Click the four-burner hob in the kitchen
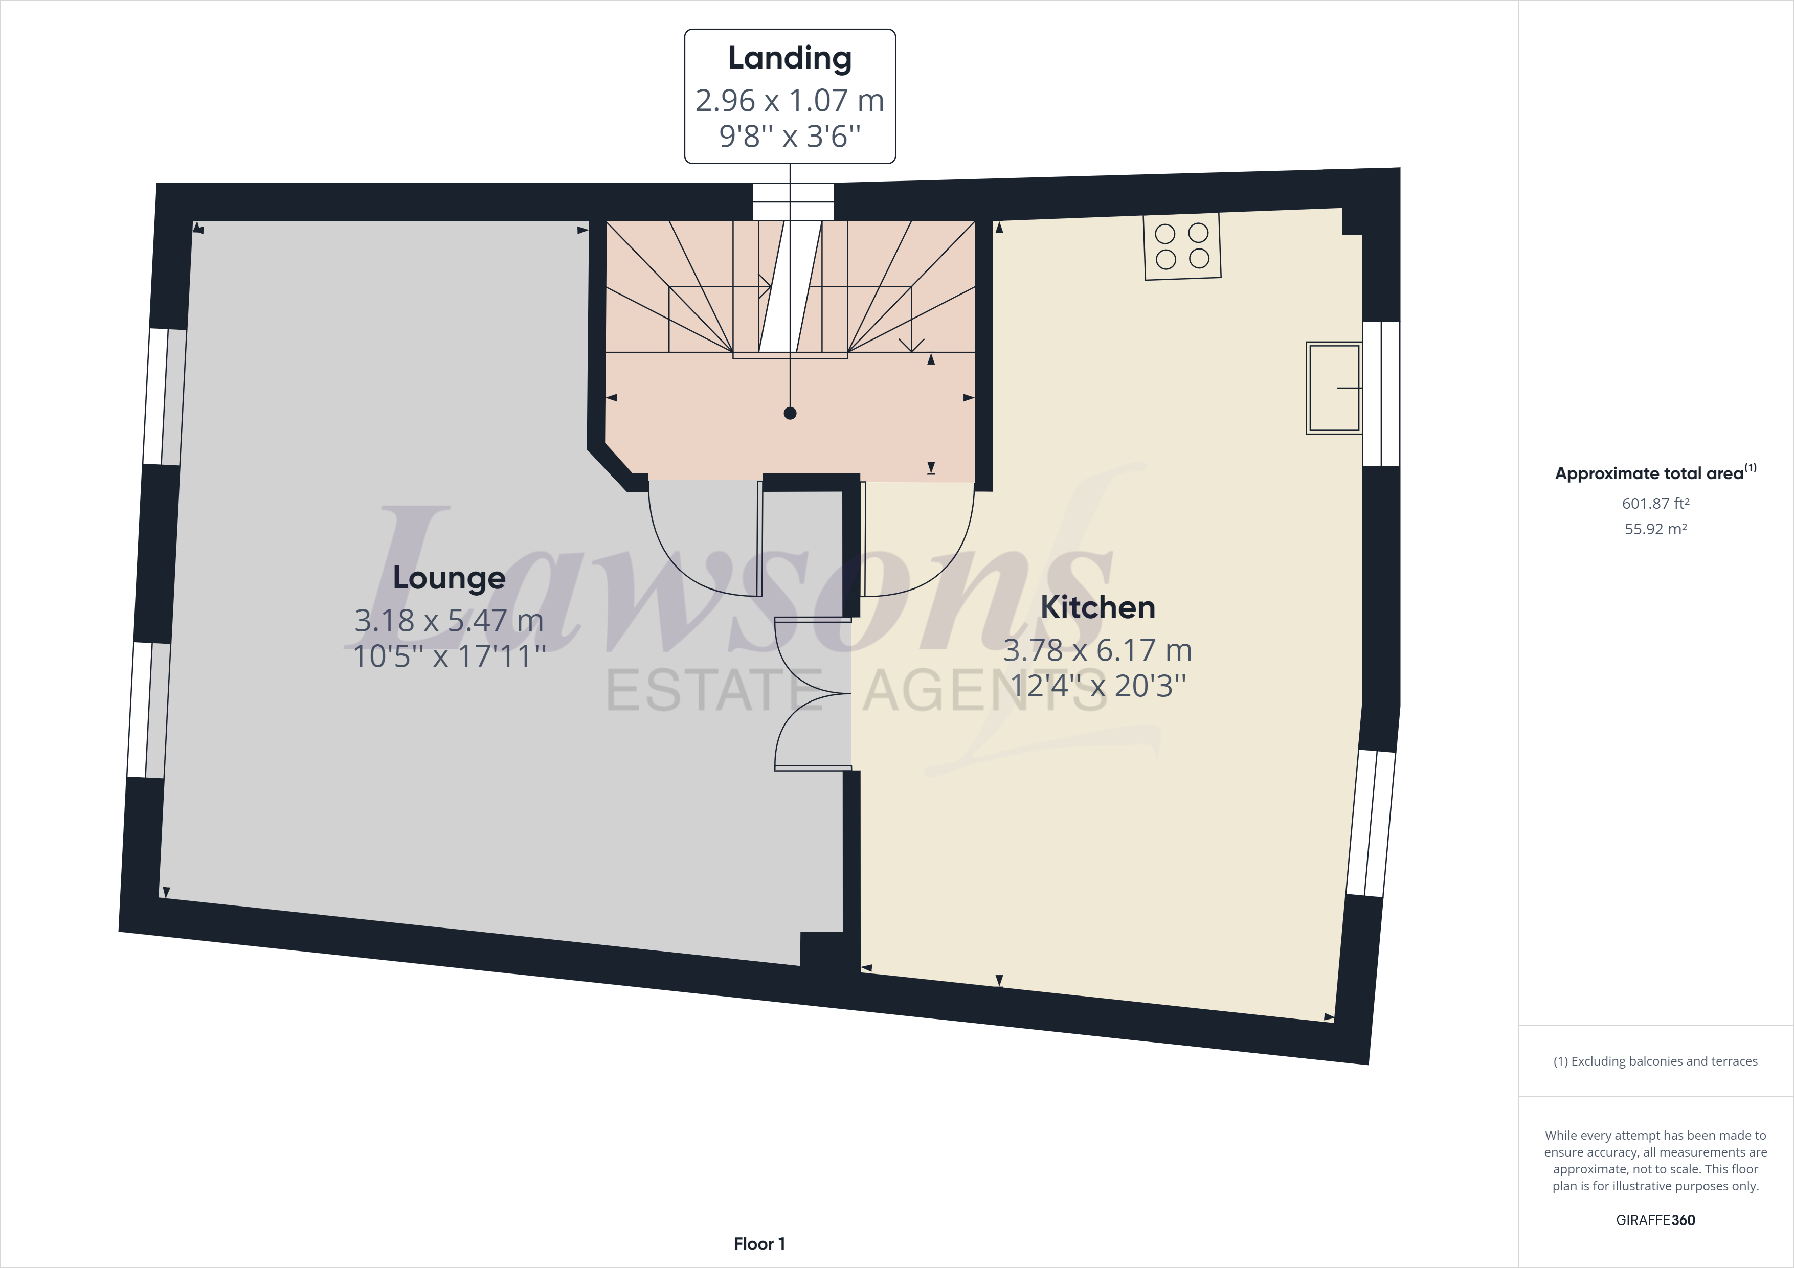click(1181, 245)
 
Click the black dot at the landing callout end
click(790, 413)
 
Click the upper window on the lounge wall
click(166, 397)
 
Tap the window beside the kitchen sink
click(1381, 394)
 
